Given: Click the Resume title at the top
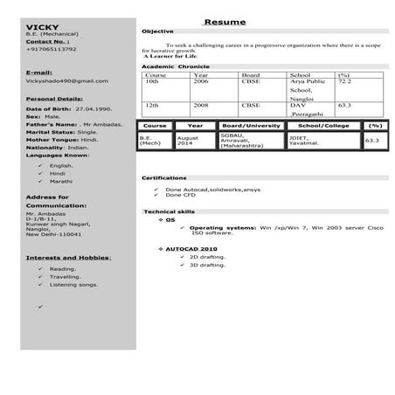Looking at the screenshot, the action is (x=225, y=21).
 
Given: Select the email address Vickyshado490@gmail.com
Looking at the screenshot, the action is (x=67, y=80).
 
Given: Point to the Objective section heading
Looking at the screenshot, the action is (x=157, y=31).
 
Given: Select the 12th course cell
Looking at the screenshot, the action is (x=152, y=105).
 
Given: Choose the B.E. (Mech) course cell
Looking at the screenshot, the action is (x=151, y=140).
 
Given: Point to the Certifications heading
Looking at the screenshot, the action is (x=167, y=178).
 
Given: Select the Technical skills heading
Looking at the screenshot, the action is (x=169, y=212).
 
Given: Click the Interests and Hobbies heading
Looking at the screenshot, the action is (x=68, y=258).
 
